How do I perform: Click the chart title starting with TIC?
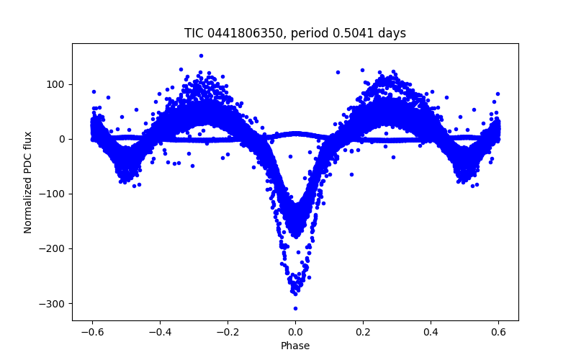pyautogui.click(x=295, y=33)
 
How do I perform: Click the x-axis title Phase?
pyautogui.click(x=295, y=346)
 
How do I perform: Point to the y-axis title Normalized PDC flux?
pyautogui.click(x=28, y=181)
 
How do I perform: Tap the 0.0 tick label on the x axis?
pyautogui.click(x=295, y=331)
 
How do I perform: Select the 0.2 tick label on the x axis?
pyautogui.click(x=363, y=331)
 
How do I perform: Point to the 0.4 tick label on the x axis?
pyautogui.click(x=431, y=331)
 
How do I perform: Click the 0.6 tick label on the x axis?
pyautogui.click(x=498, y=331)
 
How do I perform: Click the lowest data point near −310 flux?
pyautogui.click(x=295, y=308)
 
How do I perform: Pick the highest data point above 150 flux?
pyautogui.click(x=201, y=55)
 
